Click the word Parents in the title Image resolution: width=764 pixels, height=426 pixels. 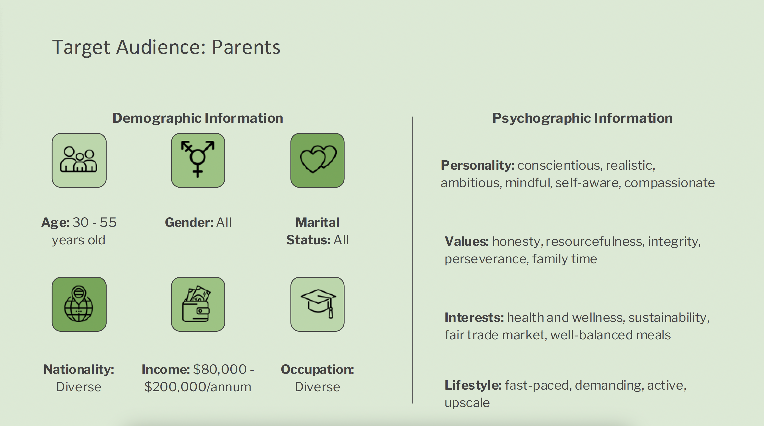tap(246, 47)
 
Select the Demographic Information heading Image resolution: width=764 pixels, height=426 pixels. tap(198, 118)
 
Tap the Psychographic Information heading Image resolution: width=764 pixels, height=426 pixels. tap(582, 118)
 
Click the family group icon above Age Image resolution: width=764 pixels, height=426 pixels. tap(79, 160)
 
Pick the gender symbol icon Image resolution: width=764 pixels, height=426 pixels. tap(198, 159)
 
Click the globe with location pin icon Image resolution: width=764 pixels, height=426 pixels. tap(79, 304)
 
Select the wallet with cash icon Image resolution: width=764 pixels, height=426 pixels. tap(196, 304)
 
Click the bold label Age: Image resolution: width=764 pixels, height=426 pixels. tap(56, 222)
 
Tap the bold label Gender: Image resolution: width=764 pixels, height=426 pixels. tap(189, 222)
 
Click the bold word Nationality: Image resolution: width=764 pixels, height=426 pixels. tap(79, 369)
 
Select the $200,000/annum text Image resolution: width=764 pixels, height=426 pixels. tap(198, 387)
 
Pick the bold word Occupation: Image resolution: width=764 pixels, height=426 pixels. tap(317, 369)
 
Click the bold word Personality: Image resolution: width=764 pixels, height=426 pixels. tap(478, 165)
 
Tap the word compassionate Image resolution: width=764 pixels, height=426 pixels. tap(669, 183)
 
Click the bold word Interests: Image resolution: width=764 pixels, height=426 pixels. tap(474, 318)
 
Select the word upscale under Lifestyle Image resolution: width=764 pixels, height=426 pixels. tap(467, 403)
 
